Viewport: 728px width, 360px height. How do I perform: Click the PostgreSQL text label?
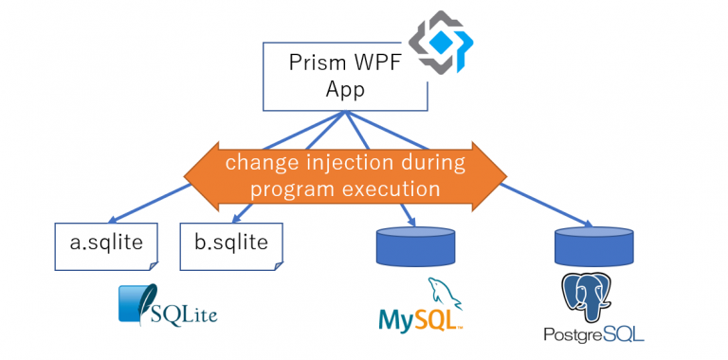[593, 334]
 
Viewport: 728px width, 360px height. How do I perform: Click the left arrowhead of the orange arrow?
[199, 176]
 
